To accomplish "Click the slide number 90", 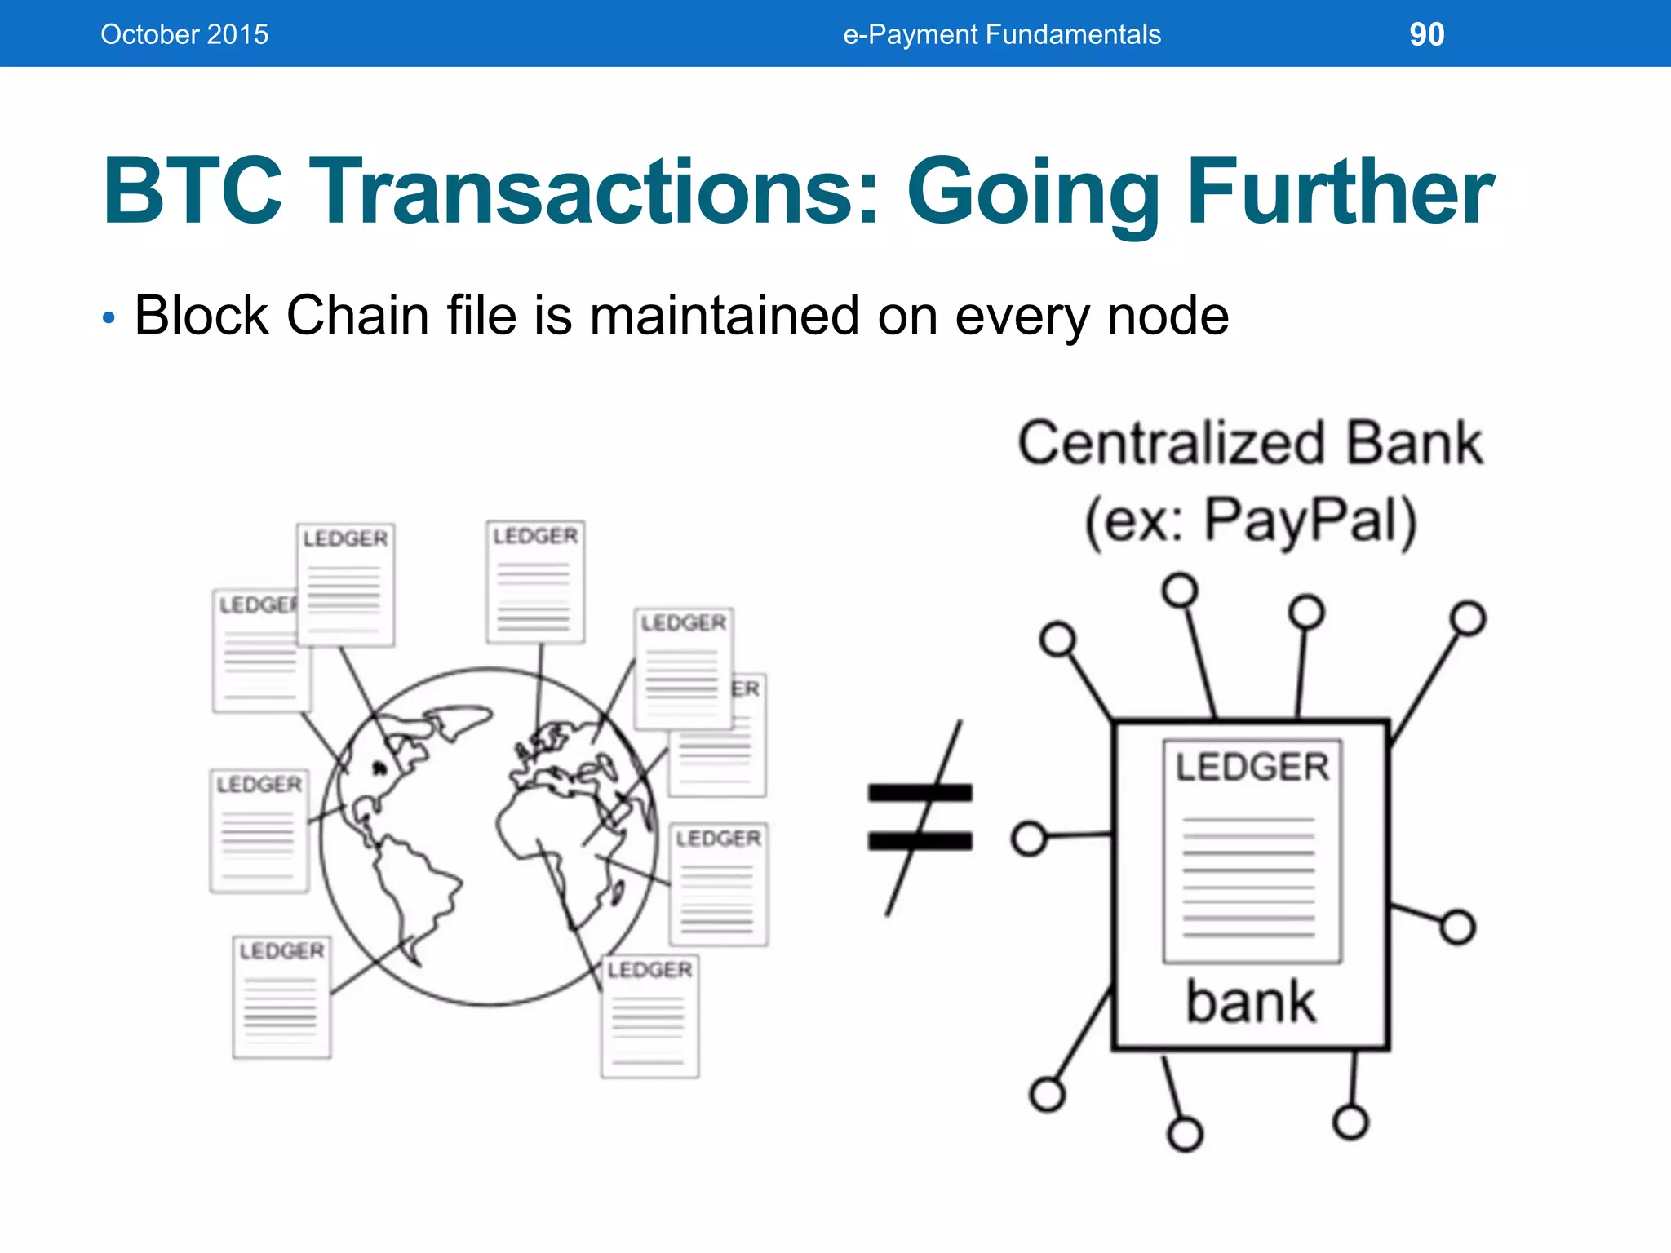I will point(1426,34).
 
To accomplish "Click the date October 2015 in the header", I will point(184,34).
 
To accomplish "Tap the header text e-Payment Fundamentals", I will point(1001,34).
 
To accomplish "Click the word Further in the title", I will point(1341,192).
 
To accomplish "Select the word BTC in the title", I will point(193,192).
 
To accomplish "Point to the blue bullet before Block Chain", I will point(109,317).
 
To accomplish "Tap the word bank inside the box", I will point(1250,1003).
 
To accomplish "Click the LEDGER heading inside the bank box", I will point(1252,767).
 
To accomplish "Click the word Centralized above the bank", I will point(1171,444).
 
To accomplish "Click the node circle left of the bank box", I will point(1029,838).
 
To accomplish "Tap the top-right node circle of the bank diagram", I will point(1468,618).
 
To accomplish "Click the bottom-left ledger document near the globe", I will point(281,997).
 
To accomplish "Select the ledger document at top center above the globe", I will point(535,582).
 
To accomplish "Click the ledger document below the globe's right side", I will point(650,1016).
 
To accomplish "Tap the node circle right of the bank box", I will point(1457,928).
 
